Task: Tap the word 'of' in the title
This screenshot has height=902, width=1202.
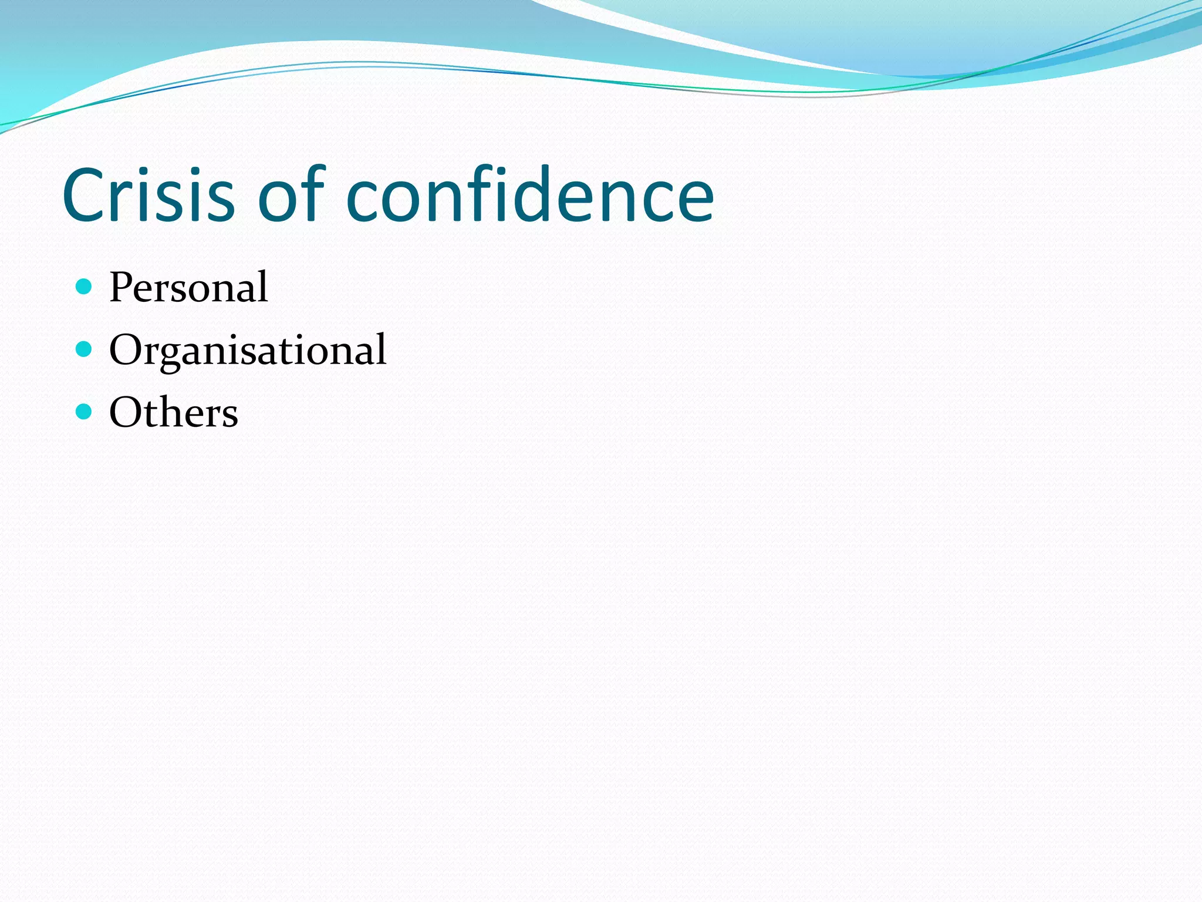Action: (x=291, y=195)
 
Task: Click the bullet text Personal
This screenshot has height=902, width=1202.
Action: (x=188, y=287)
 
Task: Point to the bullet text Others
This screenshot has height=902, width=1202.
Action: (x=174, y=412)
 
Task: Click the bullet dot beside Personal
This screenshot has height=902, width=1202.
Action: (x=85, y=287)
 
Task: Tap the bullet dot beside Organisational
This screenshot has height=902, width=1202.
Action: (x=85, y=349)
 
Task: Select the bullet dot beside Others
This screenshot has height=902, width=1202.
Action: (x=85, y=412)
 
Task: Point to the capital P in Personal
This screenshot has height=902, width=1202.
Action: (x=121, y=287)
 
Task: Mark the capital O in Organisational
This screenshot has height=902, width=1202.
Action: (x=124, y=350)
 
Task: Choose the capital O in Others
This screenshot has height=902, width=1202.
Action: (x=124, y=412)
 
